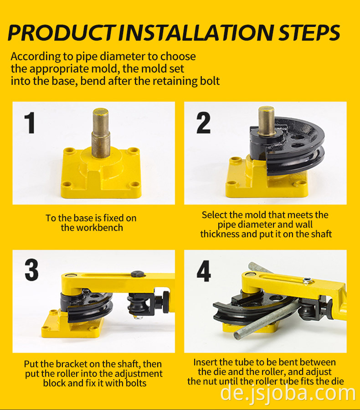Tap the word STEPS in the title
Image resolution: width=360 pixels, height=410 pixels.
[x=309, y=33]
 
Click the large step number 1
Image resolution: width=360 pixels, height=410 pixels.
[x=30, y=123]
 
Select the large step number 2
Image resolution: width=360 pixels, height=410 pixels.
[x=203, y=123]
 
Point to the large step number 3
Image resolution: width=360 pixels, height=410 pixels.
[x=31, y=270]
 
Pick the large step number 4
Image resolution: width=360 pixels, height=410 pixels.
[x=204, y=271]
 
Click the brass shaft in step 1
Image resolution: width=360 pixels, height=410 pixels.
[x=101, y=133]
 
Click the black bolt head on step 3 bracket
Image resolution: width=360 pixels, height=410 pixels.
[x=138, y=274]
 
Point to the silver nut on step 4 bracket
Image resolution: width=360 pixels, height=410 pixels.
[x=308, y=281]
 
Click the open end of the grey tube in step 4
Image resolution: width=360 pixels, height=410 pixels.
[x=238, y=335]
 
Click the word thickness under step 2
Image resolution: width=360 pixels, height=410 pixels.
[x=220, y=234]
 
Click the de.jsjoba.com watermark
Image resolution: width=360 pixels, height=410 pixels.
[x=288, y=394]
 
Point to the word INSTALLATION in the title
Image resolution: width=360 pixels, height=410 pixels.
[x=197, y=33]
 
